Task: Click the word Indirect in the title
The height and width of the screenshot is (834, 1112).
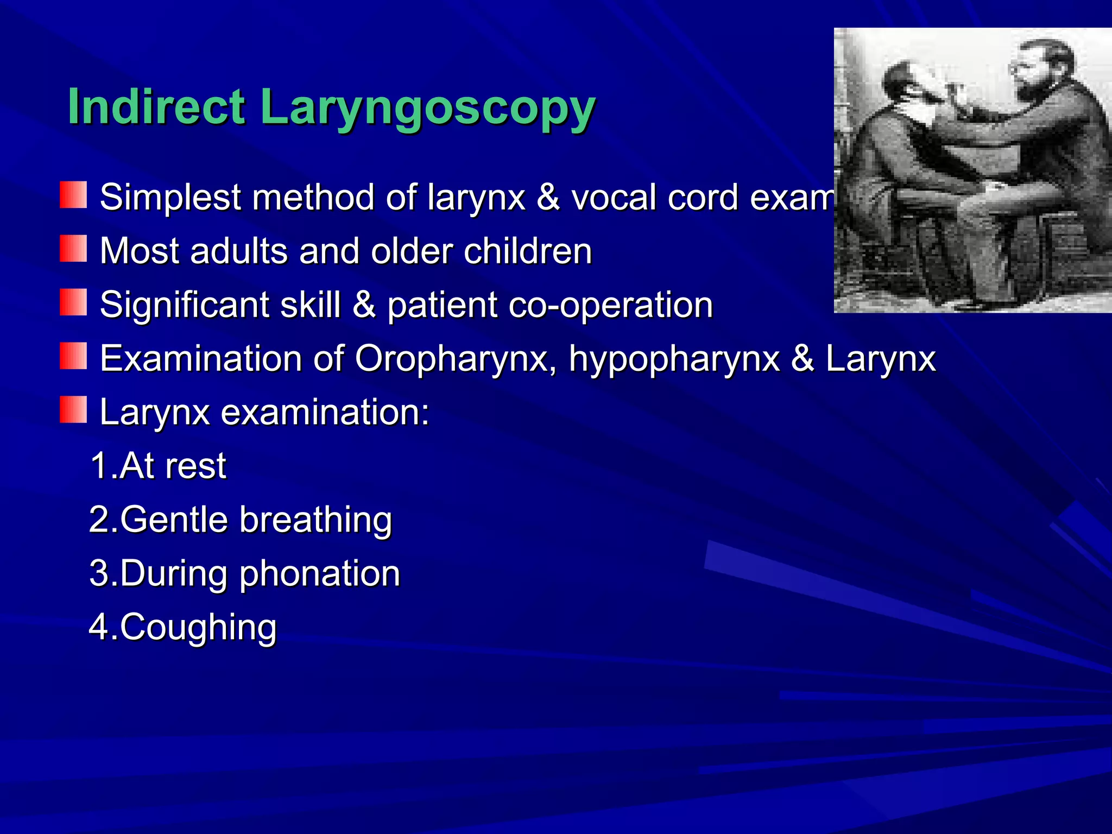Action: pyautogui.click(x=156, y=106)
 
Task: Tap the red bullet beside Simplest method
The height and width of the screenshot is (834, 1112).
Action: pyautogui.click(x=73, y=195)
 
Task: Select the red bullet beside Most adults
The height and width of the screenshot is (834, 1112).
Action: pyautogui.click(x=73, y=249)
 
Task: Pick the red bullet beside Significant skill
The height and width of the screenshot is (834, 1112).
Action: pyautogui.click(x=73, y=302)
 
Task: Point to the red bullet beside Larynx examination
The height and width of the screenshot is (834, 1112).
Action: pyautogui.click(x=73, y=410)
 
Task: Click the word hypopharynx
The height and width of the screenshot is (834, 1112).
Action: pyautogui.click(x=673, y=359)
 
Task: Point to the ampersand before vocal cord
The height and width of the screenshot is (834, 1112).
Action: pyautogui.click(x=548, y=197)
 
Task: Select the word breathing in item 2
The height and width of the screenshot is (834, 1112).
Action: pyautogui.click(x=315, y=520)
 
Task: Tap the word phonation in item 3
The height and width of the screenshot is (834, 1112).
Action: pyautogui.click(x=320, y=574)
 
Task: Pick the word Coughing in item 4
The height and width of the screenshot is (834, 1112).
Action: pyautogui.click(x=198, y=627)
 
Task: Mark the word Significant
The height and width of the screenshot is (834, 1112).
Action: pyautogui.click(x=185, y=305)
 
